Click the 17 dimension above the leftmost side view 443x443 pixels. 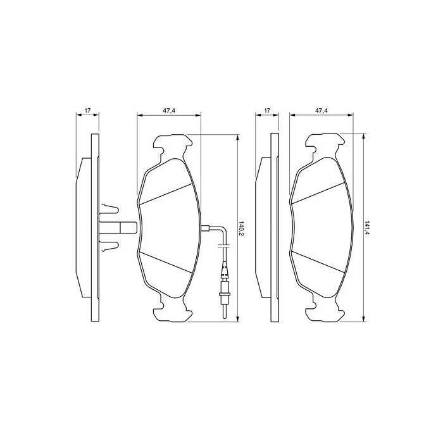88,111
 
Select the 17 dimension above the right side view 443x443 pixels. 266,111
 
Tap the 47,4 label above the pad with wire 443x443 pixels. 168,111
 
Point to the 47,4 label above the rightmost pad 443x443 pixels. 321,111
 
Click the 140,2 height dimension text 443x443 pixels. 241,228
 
